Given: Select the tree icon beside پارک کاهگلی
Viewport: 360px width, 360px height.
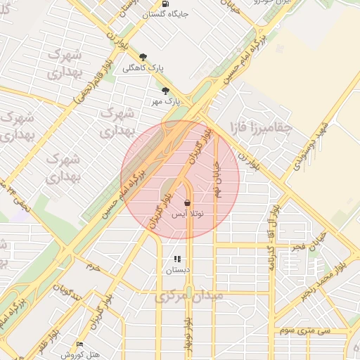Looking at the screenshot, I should pyautogui.click(x=144, y=57).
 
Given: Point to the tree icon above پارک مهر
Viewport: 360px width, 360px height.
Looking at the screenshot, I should pyautogui.click(x=166, y=91).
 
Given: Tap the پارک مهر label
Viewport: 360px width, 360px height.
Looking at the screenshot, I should pyautogui.click(x=166, y=101).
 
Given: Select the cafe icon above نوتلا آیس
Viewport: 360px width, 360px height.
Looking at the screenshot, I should pyautogui.click(x=186, y=202).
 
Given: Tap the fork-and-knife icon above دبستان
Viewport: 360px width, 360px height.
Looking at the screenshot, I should pyautogui.click(x=178, y=259).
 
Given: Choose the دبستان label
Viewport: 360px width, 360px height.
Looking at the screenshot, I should pyautogui.click(x=178, y=270).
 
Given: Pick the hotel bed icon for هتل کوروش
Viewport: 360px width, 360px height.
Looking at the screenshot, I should pyautogui.click(x=79, y=344).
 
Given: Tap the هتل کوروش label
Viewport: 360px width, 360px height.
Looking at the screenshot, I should pyautogui.click(x=77, y=354).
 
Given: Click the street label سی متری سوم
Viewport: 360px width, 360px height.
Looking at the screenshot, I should pyautogui.click(x=304, y=329).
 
